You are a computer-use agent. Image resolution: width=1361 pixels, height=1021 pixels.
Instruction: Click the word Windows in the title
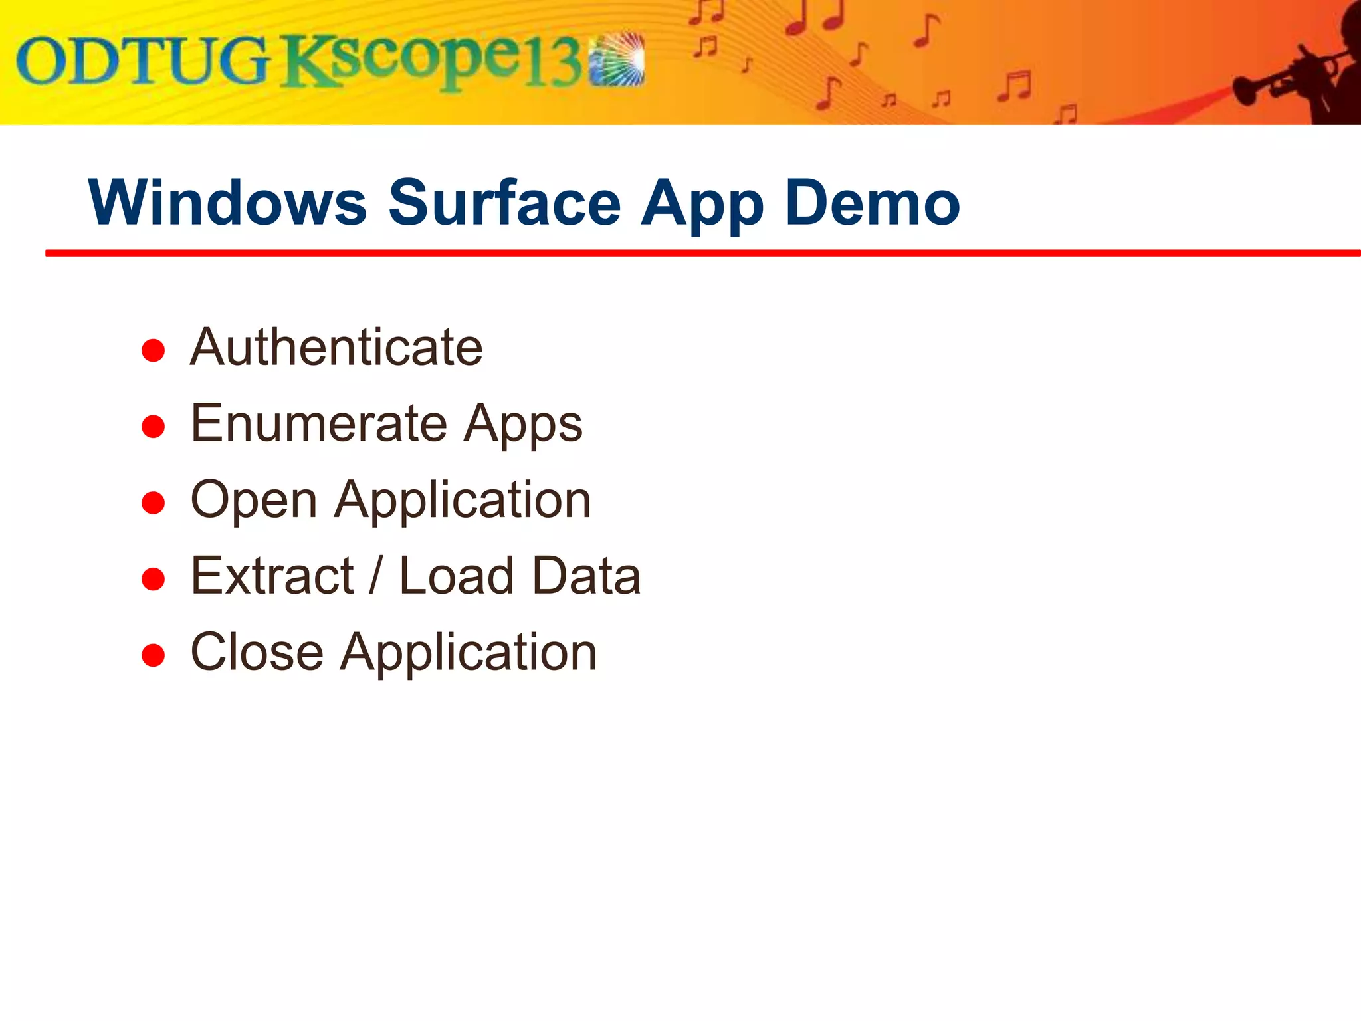[227, 203]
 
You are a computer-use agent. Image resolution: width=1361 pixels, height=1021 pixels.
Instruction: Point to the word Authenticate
[336, 348]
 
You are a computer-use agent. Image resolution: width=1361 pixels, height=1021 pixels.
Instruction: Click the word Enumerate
[319, 423]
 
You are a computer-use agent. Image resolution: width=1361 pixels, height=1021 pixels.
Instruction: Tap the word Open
[254, 501]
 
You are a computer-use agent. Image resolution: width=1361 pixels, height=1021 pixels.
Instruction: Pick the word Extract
[272, 576]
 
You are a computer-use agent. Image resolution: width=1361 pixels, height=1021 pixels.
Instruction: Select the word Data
[586, 576]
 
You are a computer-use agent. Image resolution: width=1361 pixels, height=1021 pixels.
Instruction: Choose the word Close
[257, 652]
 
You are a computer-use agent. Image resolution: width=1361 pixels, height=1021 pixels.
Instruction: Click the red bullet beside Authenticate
[154, 350]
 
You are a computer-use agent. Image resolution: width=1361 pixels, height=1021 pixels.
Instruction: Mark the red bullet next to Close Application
[154, 655]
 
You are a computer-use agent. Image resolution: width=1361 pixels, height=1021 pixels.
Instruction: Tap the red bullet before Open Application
[154, 503]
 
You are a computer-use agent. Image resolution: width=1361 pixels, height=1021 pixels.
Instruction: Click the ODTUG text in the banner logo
[143, 62]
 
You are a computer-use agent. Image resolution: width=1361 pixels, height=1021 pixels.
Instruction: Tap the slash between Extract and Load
[376, 576]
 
